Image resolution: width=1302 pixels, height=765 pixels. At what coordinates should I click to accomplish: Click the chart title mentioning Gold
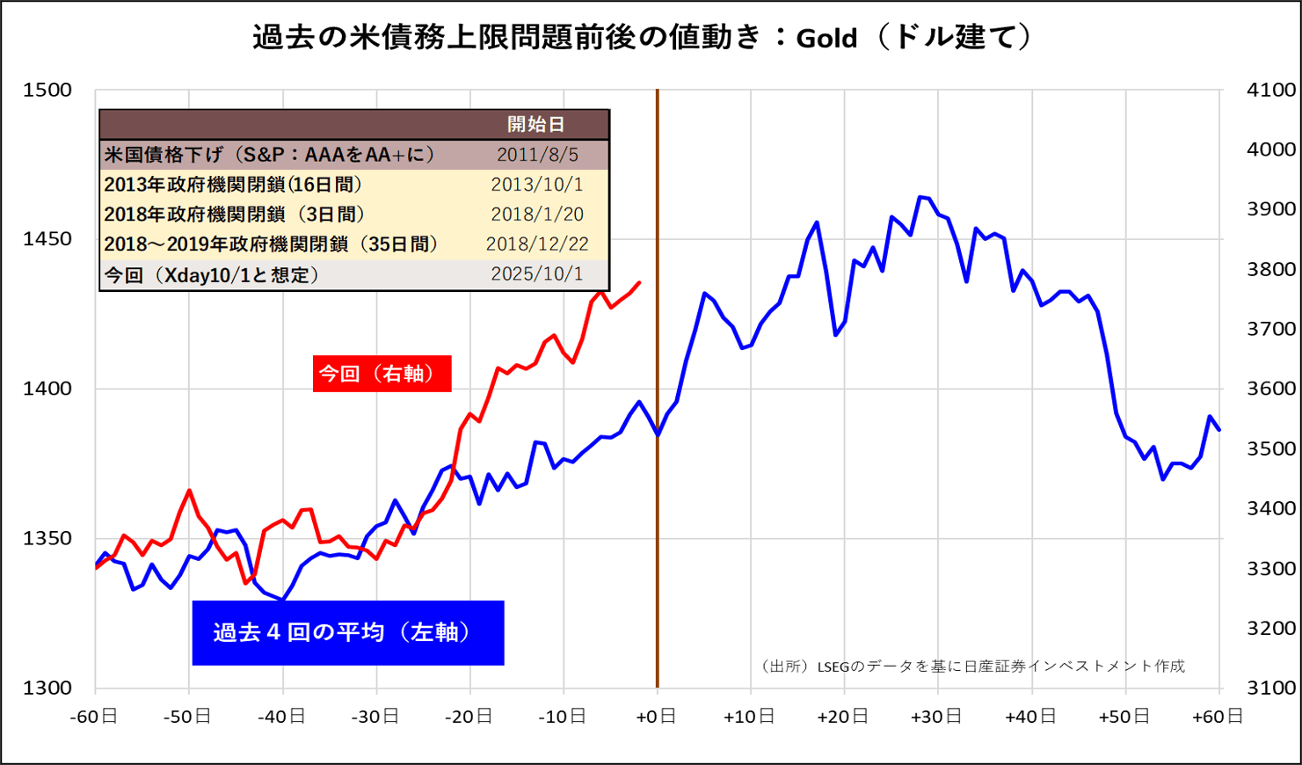(x=642, y=38)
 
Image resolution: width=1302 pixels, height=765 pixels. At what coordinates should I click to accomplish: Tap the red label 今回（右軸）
(x=382, y=374)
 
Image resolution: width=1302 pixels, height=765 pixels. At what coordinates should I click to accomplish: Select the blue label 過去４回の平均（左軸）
(x=348, y=632)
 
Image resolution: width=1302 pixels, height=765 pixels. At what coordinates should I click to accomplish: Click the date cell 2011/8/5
(x=537, y=155)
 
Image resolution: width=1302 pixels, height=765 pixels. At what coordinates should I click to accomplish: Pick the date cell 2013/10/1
(x=536, y=185)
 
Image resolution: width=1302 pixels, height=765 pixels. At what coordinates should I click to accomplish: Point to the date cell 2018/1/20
(x=536, y=215)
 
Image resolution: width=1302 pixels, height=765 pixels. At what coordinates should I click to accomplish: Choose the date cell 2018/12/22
(x=536, y=244)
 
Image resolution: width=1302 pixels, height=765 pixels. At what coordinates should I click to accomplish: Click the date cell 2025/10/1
(x=536, y=274)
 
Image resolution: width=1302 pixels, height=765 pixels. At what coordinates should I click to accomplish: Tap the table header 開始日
(x=536, y=125)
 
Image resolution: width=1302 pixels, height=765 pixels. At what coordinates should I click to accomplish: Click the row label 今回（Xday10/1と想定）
(x=211, y=275)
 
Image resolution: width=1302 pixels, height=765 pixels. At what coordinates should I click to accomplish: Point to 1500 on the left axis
(x=47, y=90)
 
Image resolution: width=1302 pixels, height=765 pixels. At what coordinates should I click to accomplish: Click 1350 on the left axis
(x=47, y=538)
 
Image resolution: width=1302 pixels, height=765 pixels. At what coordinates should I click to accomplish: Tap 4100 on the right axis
(x=1271, y=90)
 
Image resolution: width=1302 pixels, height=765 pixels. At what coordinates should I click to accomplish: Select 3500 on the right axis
(x=1271, y=448)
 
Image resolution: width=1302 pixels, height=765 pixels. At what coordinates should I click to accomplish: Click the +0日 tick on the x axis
(x=656, y=717)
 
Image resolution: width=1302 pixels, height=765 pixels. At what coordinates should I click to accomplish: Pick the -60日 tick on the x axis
(x=94, y=717)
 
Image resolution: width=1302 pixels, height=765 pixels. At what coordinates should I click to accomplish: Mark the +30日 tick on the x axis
(x=936, y=717)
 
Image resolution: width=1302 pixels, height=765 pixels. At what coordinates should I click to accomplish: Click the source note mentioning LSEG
(x=971, y=666)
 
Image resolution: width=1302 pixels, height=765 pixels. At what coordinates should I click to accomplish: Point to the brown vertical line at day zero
(x=658, y=528)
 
